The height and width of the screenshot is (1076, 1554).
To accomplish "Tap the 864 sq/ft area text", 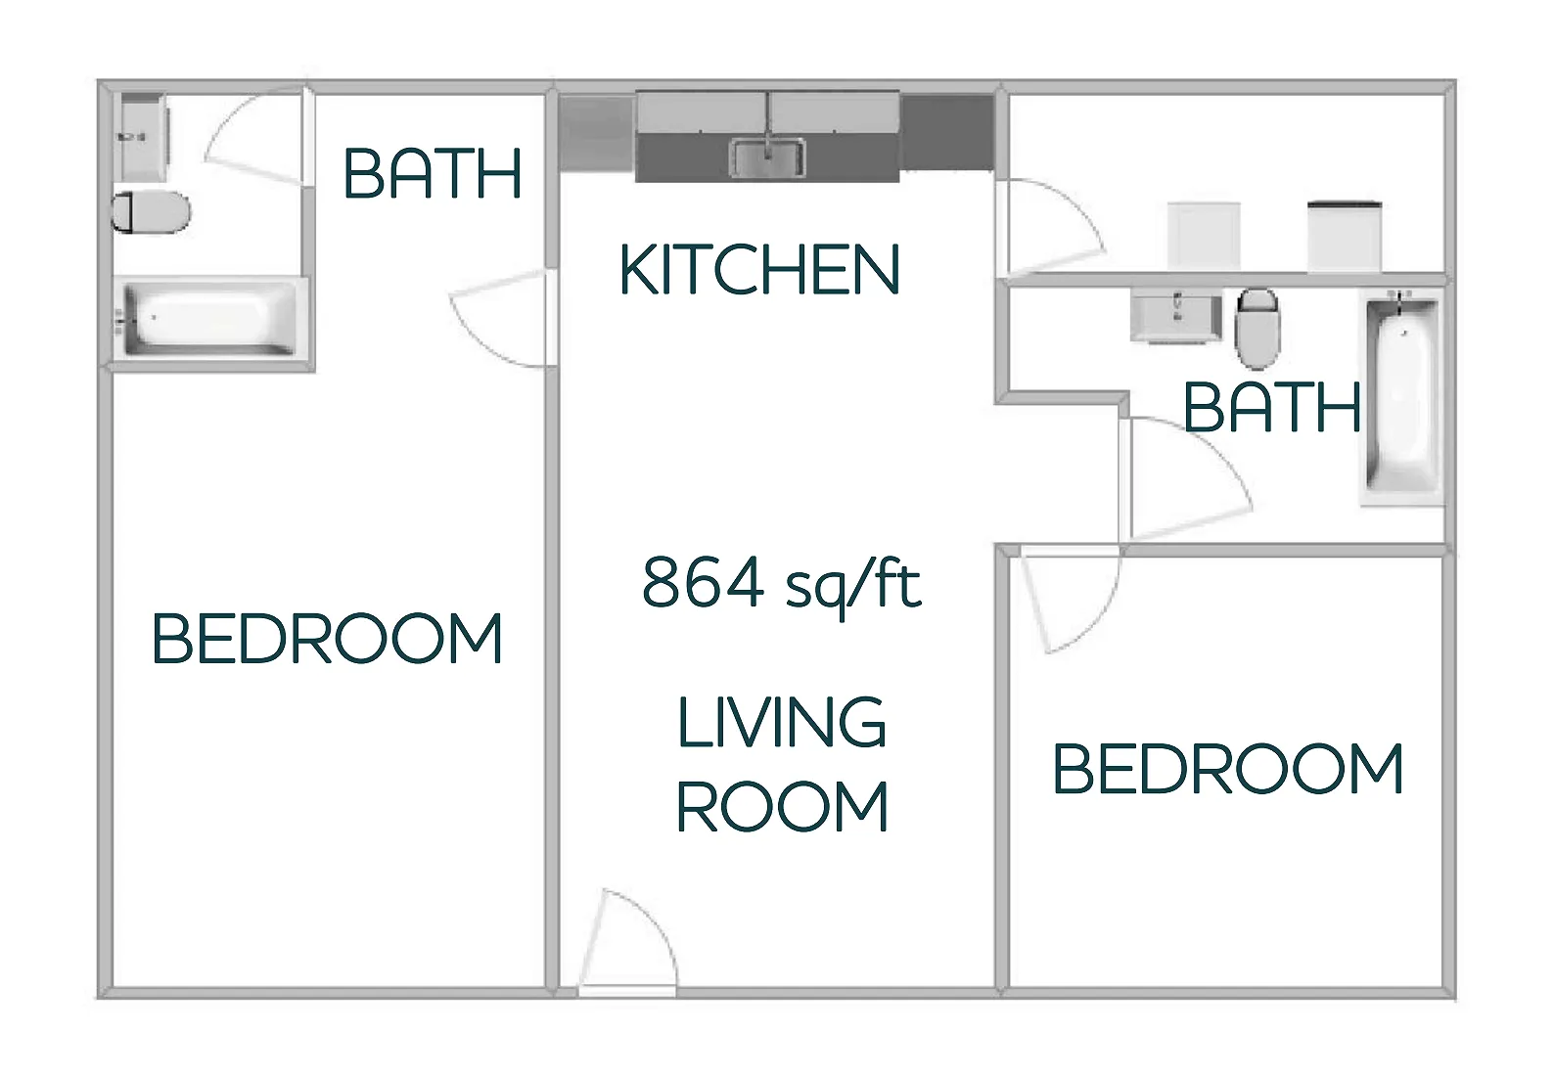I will point(781,584).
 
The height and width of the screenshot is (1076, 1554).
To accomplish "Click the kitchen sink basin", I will point(768,158).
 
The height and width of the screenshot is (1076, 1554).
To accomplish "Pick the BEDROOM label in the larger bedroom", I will point(327,639).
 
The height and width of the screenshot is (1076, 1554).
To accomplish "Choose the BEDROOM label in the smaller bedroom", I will point(1228,769).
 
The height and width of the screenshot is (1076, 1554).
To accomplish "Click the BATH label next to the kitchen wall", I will point(432,174).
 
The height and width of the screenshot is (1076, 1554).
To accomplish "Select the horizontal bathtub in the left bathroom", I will point(207,318).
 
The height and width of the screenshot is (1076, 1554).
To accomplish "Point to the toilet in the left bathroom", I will point(152,211).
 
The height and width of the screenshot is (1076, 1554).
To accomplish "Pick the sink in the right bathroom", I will point(1175,315).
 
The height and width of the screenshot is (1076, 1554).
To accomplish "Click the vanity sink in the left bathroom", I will point(142,137).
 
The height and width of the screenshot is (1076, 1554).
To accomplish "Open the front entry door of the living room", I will point(626,944).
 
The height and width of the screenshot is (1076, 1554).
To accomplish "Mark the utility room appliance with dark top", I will point(1345,235).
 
